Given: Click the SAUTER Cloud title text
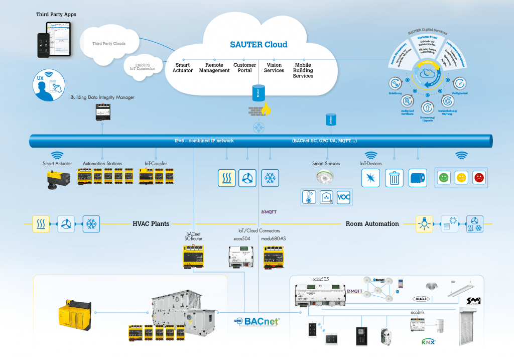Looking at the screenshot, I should click(259, 44).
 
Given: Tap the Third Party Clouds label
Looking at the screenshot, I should click(109, 44).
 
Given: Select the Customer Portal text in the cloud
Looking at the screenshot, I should click(245, 68).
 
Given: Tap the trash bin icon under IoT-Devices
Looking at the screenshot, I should click(395, 178).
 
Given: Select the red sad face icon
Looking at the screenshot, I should click(479, 178).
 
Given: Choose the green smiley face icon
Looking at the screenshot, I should click(443, 178).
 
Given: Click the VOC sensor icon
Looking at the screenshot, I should click(344, 197).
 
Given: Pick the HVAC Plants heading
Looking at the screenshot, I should click(151, 224).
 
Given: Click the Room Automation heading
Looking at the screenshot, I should click(372, 224).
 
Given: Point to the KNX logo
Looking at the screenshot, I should click(428, 342).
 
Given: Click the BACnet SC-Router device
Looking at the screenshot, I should click(193, 255).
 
